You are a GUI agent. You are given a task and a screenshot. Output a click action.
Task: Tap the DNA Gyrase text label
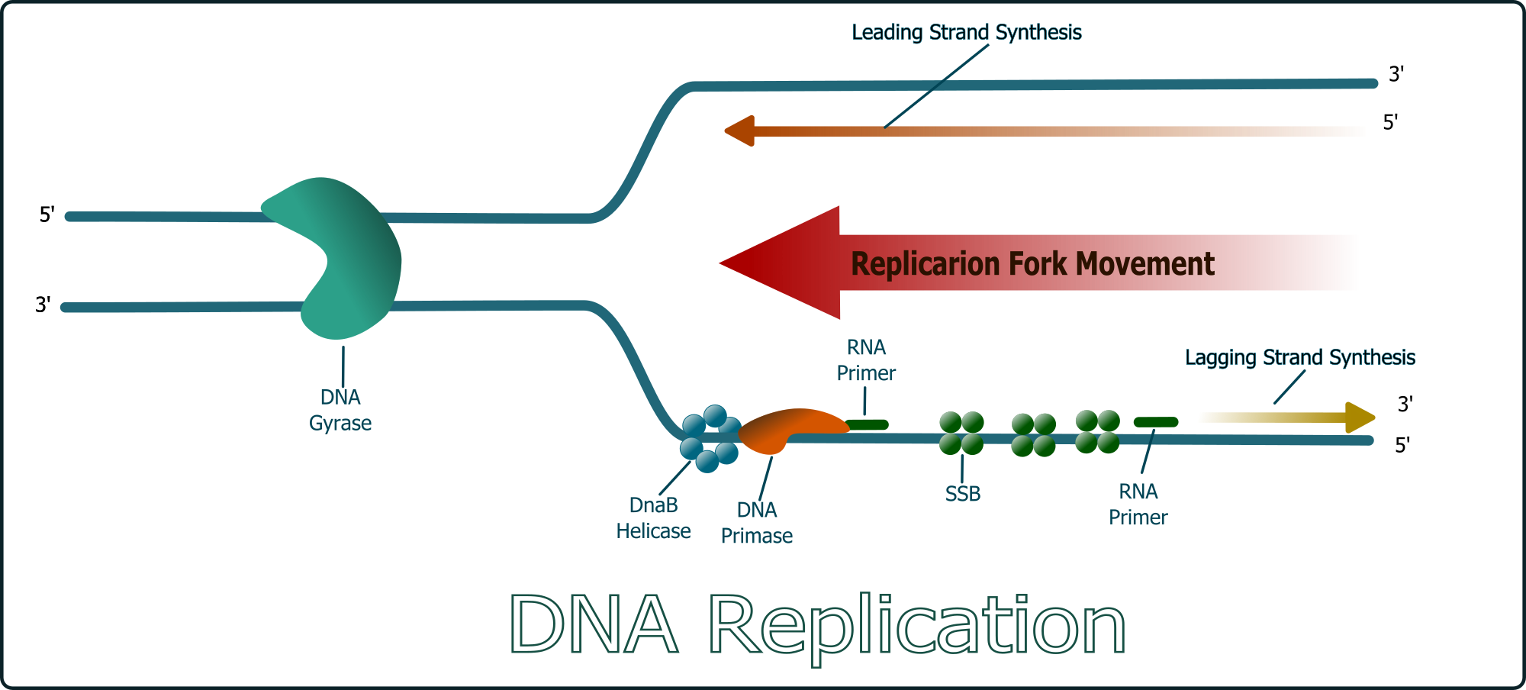click(x=340, y=410)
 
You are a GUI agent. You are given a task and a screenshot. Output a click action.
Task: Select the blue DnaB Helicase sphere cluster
click(x=710, y=439)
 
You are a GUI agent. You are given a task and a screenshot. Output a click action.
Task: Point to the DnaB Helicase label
click(x=653, y=518)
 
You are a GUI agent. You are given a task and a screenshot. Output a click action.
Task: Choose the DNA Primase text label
click(x=757, y=523)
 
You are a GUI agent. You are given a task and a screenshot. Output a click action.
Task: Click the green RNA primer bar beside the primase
click(x=868, y=424)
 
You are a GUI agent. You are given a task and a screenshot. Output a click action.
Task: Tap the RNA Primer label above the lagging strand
click(x=866, y=360)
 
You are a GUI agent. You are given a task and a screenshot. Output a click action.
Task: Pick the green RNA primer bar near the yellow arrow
click(x=1155, y=422)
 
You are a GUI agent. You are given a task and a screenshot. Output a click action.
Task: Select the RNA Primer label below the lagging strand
click(x=1138, y=505)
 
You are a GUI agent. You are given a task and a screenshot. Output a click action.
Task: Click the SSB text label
click(x=963, y=494)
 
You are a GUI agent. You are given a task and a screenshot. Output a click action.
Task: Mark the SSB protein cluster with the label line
click(x=961, y=433)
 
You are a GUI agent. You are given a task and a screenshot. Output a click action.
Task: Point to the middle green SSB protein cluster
click(x=1033, y=435)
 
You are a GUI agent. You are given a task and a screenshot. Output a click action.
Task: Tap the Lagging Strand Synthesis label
click(x=1299, y=357)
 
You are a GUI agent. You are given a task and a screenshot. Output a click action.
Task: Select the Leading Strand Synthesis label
click(x=967, y=32)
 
